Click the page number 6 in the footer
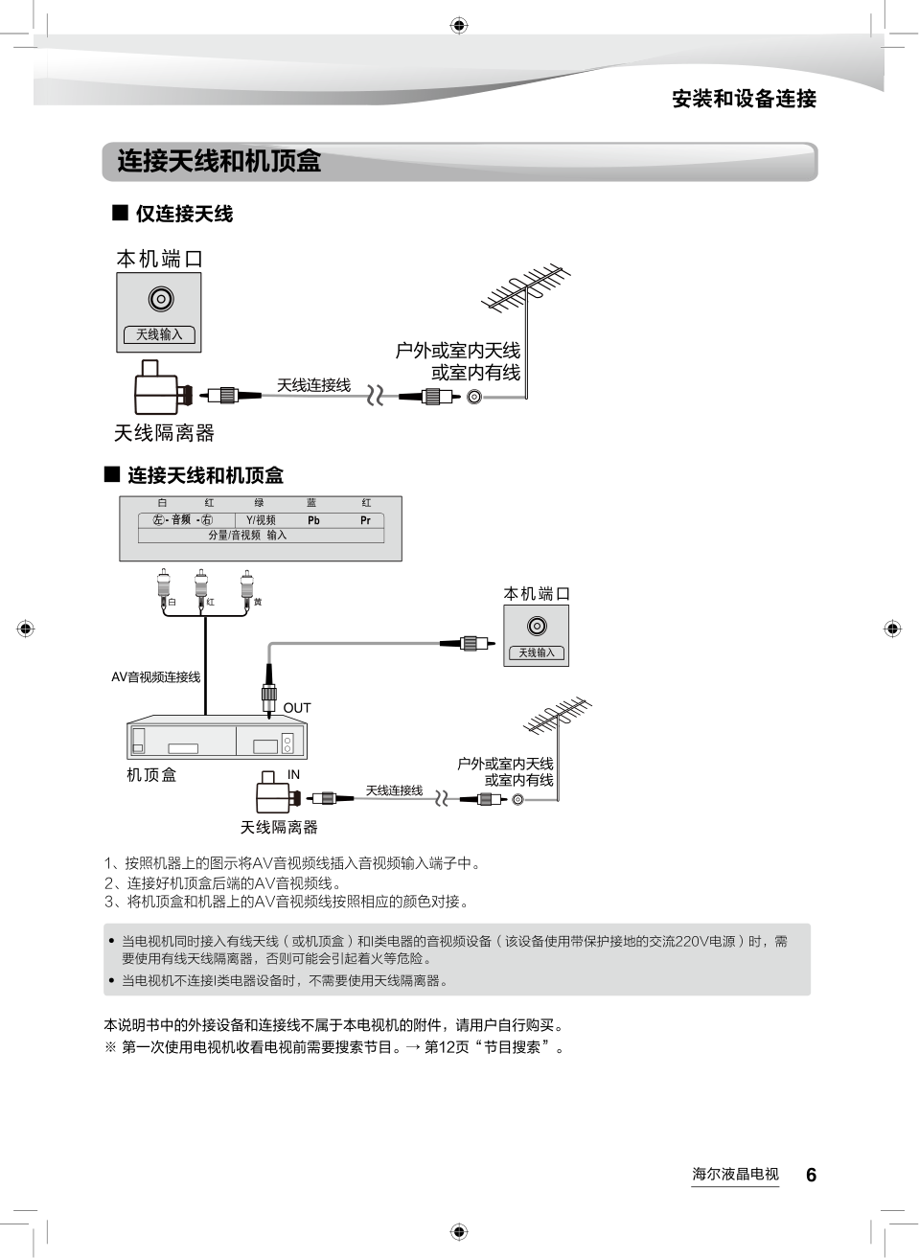click(811, 1176)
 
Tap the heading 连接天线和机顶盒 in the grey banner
click(219, 161)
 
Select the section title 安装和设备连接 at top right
click(744, 99)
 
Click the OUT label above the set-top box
click(297, 708)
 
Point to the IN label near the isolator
click(293, 774)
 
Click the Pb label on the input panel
click(313, 520)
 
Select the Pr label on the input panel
click(365, 520)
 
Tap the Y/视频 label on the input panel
click(261, 520)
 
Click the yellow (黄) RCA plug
click(248, 586)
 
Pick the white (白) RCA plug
click(164, 586)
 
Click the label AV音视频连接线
click(156, 677)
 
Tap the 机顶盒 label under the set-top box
click(151, 774)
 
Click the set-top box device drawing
click(217, 739)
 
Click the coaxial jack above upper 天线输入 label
click(160, 300)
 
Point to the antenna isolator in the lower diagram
click(275, 794)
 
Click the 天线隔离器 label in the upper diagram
click(164, 433)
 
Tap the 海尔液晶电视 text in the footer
click(735, 1174)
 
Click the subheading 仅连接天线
click(183, 214)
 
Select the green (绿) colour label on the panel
click(259, 503)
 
